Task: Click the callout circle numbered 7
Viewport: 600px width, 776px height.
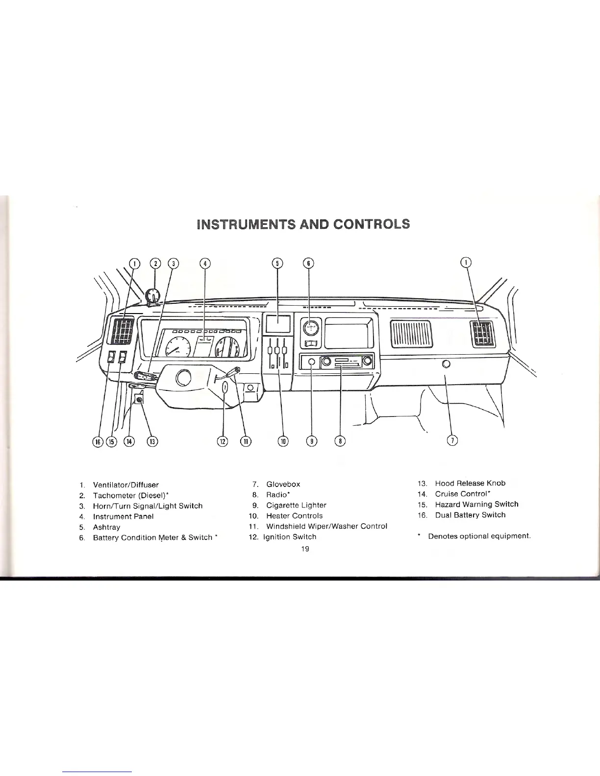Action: [453, 441]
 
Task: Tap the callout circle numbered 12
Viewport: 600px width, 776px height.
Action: [223, 441]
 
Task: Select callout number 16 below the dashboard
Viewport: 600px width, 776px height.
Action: [98, 441]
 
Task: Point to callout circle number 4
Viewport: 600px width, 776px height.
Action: [205, 263]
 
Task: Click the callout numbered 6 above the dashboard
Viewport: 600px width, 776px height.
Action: [308, 263]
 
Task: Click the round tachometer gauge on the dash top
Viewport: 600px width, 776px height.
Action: [154, 296]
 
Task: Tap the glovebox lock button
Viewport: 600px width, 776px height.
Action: [446, 364]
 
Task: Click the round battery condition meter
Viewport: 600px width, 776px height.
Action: [310, 327]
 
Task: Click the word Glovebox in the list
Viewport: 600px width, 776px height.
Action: [283, 484]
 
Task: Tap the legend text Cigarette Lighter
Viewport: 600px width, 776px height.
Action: [296, 505]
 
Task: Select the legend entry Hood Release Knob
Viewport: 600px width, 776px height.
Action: [470, 483]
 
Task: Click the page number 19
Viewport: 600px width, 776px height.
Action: [305, 549]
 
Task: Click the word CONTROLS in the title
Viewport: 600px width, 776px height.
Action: [371, 224]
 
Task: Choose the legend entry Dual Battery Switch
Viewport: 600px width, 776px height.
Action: [470, 515]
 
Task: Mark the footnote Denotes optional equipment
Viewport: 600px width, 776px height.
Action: [479, 536]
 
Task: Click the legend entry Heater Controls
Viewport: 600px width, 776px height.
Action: [294, 515]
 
